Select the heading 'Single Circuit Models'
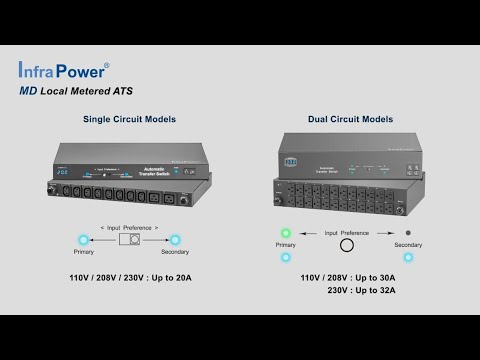pyautogui.click(x=129, y=119)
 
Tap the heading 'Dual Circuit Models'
pyautogui.click(x=350, y=119)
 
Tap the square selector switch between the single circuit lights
pyautogui.click(x=129, y=240)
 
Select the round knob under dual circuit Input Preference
pyautogui.click(x=347, y=243)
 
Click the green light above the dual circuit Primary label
pyautogui.click(x=286, y=233)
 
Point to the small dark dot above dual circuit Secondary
pyautogui.click(x=407, y=232)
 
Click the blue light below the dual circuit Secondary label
pyautogui.click(x=407, y=257)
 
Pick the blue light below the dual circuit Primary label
pyautogui.click(x=286, y=257)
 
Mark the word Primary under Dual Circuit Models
pyautogui.click(x=286, y=244)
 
